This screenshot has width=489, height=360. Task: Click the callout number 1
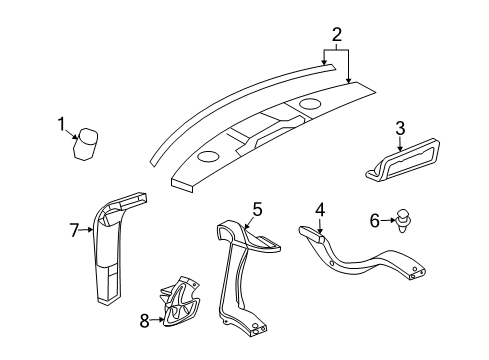pyautogui.click(x=62, y=124)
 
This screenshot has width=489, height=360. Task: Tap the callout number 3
pyautogui.click(x=399, y=128)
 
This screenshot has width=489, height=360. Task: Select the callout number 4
pyautogui.click(x=321, y=210)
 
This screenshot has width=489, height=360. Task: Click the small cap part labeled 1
pyautogui.click(x=88, y=142)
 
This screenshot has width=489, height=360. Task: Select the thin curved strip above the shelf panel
pyautogui.click(x=230, y=100)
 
